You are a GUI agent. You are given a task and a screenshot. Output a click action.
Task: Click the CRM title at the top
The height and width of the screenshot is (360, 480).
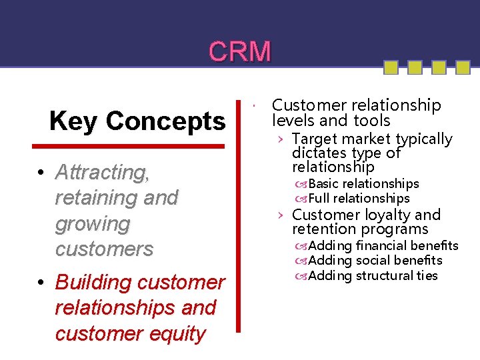point(240,51)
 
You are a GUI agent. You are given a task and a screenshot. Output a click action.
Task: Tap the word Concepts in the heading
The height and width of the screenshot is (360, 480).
point(165,121)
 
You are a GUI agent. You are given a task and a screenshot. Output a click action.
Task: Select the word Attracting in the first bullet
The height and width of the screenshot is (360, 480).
point(103,173)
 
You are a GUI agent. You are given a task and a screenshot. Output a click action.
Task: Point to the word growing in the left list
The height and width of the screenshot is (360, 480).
point(92,224)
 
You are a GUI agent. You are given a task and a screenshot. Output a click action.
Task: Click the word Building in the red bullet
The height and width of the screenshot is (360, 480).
point(93,282)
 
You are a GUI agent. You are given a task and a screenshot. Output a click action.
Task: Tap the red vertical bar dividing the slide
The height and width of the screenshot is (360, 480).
point(239,213)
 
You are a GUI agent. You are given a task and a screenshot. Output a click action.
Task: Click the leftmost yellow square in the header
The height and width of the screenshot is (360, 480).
point(391,67)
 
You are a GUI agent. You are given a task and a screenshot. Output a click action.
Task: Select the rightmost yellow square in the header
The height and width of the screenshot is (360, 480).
point(463,67)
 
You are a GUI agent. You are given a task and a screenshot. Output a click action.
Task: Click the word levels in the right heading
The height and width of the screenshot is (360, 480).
point(294,121)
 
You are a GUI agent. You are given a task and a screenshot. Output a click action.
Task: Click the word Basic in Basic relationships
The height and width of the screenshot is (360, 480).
point(324,183)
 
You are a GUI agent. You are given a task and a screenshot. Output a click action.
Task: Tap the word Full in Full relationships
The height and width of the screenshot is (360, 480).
point(319,198)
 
